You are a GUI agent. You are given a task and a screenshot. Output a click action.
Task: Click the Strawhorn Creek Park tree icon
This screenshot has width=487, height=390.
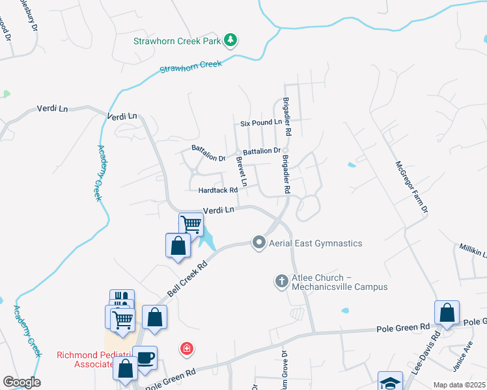(x=230, y=41)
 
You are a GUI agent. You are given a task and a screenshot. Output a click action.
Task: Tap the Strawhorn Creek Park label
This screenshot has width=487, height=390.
(x=177, y=41)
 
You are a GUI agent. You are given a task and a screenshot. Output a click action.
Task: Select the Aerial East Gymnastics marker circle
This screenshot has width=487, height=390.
(x=259, y=243)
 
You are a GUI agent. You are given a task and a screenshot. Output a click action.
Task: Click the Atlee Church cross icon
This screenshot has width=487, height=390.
(x=281, y=281)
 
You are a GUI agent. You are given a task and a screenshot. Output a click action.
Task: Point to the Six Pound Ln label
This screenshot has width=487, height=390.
(x=260, y=122)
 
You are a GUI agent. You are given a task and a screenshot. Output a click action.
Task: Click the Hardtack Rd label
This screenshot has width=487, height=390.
(x=218, y=190)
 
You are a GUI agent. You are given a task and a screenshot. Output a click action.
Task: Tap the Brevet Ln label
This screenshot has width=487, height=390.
(x=242, y=172)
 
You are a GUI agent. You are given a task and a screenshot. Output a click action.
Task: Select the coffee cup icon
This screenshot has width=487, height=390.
(x=146, y=357)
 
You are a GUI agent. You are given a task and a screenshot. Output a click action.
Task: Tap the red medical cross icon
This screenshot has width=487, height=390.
(x=188, y=349)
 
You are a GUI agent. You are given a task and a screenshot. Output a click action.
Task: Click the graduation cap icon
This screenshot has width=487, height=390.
(x=390, y=382)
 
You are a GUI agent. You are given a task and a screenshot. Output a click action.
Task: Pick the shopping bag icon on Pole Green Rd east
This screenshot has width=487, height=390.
(x=447, y=312)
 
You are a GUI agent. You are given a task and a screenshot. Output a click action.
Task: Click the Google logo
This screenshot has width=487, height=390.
(x=21, y=382)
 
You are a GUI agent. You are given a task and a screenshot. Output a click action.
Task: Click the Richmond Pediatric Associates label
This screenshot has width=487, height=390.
(x=85, y=359)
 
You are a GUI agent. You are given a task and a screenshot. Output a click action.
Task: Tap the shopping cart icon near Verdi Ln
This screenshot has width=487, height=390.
(x=191, y=224)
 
